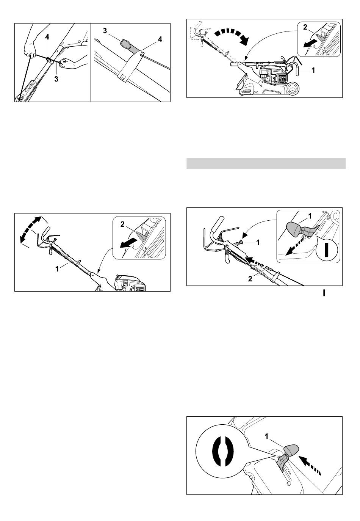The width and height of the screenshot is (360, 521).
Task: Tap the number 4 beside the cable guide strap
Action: [x=160, y=39]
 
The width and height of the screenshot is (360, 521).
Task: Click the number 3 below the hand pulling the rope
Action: [x=56, y=79]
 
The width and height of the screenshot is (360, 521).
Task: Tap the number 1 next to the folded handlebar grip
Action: [x=313, y=70]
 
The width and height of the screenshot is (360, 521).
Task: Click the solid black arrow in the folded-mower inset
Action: [x=310, y=44]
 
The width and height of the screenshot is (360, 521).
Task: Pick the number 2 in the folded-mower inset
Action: [x=305, y=27]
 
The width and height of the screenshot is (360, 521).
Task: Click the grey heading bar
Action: [x=266, y=163]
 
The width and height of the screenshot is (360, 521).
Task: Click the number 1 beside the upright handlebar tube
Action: [x=57, y=269]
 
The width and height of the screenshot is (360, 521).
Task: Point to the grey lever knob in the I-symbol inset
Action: [x=294, y=229]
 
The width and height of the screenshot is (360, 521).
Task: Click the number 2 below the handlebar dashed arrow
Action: [x=250, y=279]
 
